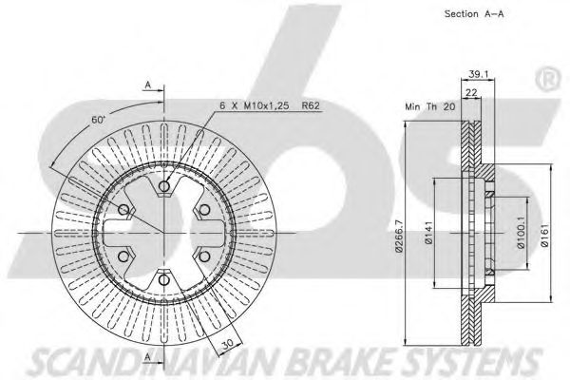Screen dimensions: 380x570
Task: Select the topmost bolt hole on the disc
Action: point(163,186)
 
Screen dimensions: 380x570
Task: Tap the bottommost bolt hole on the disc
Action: point(163,278)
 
